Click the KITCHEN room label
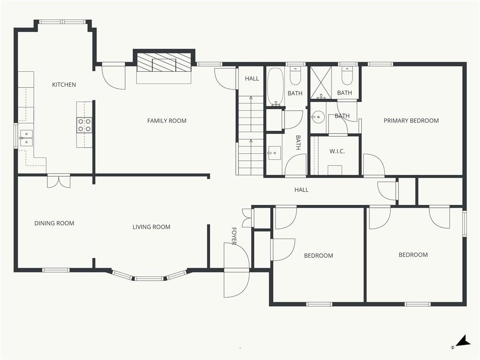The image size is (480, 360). [x=64, y=84]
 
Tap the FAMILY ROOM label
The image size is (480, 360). [x=167, y=120]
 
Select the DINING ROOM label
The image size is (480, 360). [x=54, y=223]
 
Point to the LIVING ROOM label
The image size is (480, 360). [x=151, y=227]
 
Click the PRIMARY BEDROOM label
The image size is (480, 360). [x=411, y=120]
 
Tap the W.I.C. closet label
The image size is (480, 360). [x=337, y=151]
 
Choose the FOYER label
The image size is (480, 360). [x=234, y=236]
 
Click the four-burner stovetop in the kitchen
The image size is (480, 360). [x=84, y=125]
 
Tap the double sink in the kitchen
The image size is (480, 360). [x=26, y=138]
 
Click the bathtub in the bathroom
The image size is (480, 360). [x=276, y=86]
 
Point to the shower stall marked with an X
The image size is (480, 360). [x=321, y=82]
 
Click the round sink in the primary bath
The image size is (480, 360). [x=318, y=117]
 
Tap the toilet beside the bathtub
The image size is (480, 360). [x=295, y=76]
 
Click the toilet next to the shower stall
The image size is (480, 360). [x=347, y=76]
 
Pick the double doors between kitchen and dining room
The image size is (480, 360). [x=59, y=181]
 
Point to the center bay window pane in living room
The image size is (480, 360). [x=149, y=278]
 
